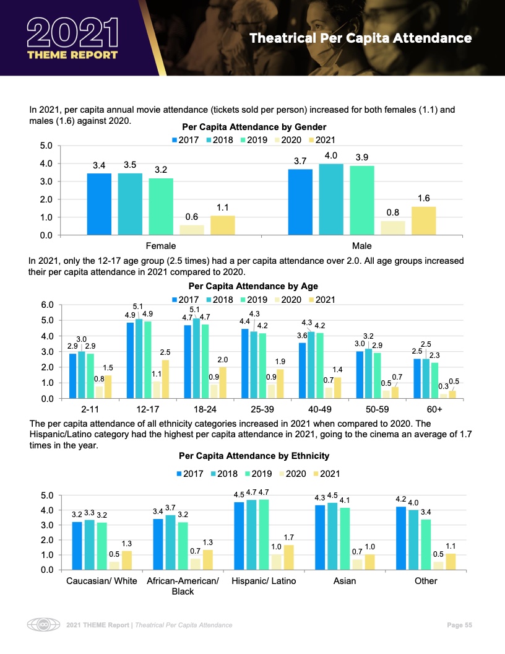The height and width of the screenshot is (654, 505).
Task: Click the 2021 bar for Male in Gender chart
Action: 423,220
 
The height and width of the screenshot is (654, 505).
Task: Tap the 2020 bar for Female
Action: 192,230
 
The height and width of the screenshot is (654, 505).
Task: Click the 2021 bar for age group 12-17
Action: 165,379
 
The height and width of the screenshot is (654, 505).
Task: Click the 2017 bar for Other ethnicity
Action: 401,538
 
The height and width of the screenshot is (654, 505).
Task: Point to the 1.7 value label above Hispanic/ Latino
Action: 288,536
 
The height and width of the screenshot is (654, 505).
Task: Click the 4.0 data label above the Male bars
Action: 330,155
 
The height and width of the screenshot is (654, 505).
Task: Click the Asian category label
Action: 345,581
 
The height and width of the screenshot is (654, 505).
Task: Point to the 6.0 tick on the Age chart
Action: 48,305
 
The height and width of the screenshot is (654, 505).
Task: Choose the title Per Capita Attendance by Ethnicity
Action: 254,456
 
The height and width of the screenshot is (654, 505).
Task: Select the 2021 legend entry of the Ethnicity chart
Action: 326,474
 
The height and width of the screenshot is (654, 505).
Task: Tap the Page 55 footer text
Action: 460,625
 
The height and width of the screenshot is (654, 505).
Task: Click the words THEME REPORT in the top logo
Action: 72,54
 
